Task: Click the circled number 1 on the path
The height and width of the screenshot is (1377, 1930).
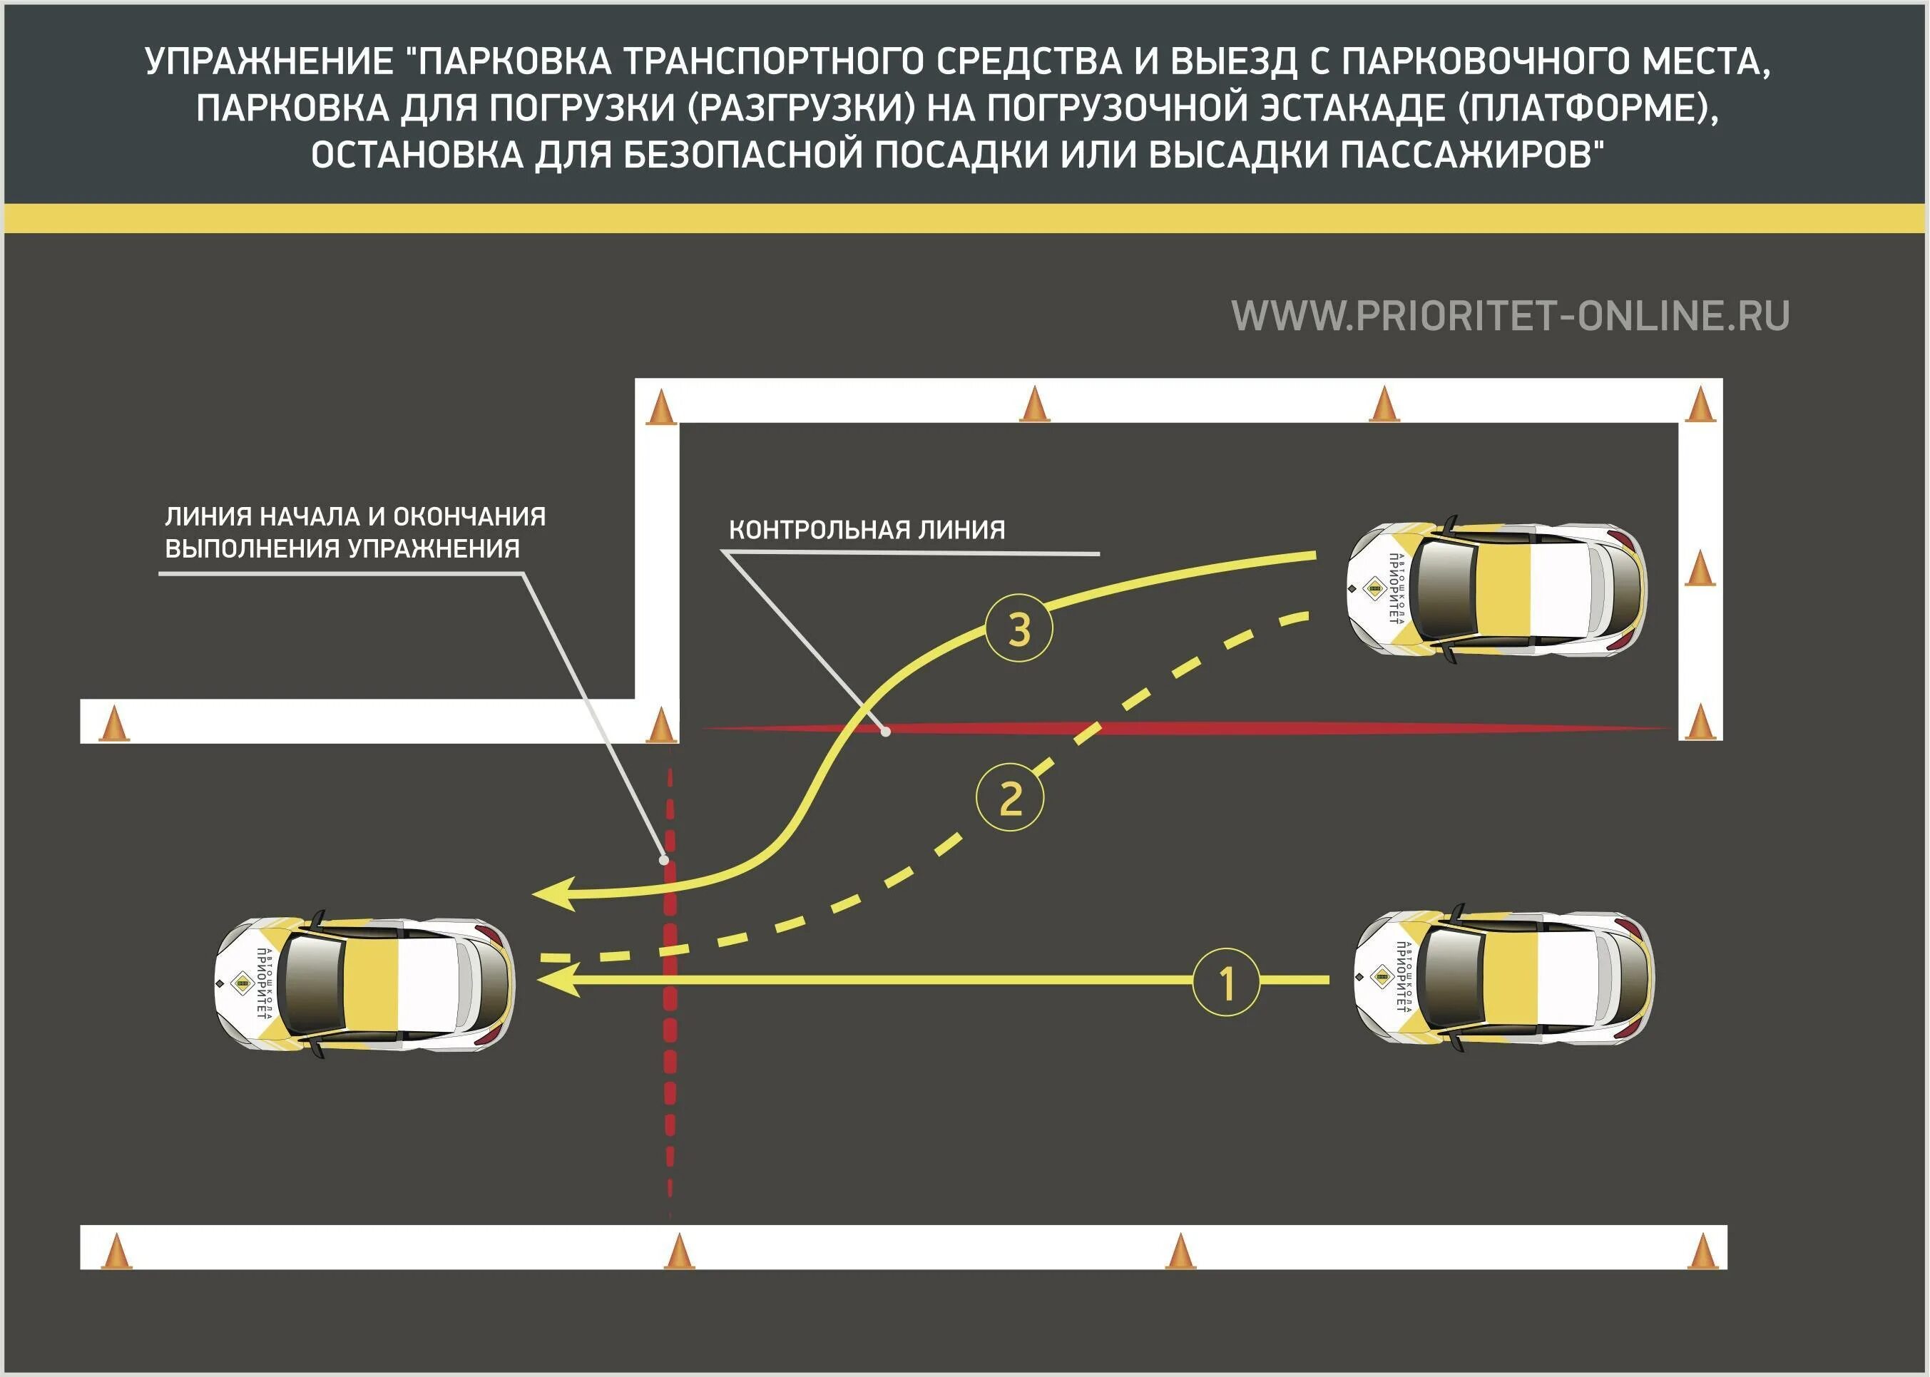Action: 1225,982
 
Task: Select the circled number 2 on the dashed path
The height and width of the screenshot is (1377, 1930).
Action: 1009,798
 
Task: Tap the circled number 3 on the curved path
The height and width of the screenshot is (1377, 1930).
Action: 1018,630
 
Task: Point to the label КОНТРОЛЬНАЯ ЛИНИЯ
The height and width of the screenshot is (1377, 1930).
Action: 867,530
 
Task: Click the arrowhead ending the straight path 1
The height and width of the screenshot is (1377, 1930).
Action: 556,981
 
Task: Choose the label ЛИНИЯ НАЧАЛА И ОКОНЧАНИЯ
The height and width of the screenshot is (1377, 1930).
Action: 355,516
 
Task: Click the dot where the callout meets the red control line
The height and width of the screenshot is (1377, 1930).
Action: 885,730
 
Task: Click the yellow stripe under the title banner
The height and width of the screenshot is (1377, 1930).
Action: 965,218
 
